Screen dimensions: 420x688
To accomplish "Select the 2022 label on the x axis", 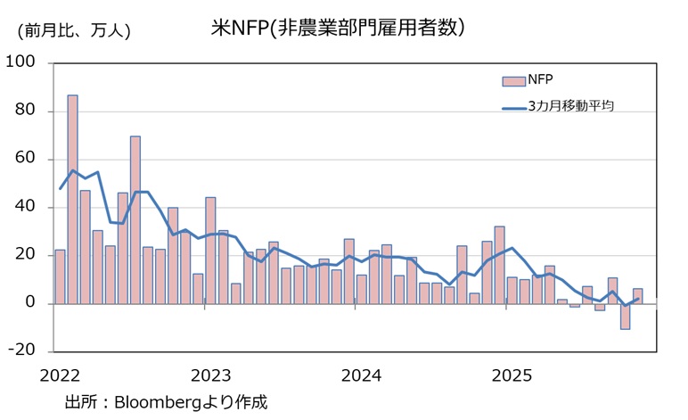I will point(61,374).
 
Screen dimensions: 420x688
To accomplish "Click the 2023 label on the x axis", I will point(211,374).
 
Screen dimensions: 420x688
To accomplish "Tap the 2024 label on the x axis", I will point(361,374).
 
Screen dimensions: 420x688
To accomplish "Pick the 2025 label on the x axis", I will point(512,374).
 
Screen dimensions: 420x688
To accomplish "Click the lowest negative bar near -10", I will point(625,317).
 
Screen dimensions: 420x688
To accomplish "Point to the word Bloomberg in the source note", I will point(160,401).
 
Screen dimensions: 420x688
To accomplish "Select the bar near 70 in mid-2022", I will point(135,219).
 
